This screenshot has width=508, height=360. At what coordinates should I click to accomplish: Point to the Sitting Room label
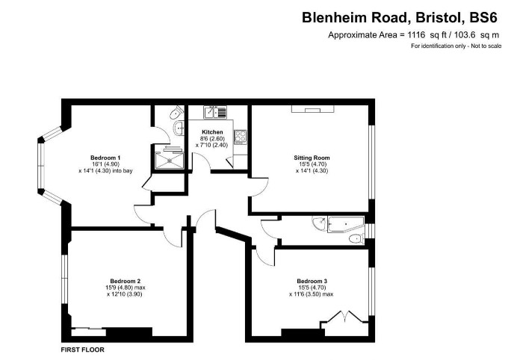[x=312, y=158]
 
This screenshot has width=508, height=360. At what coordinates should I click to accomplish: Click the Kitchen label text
[x=212, y=132]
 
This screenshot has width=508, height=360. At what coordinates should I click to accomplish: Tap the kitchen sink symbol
[x=215, y=112]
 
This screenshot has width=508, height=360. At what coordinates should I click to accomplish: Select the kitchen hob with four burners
[x=241, y=137]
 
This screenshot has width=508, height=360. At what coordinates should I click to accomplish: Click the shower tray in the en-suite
[x=170, y=161]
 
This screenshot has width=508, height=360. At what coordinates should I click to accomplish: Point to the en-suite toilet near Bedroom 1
[x=177, y=112]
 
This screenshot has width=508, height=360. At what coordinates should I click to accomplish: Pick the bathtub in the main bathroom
[x=346, y=224]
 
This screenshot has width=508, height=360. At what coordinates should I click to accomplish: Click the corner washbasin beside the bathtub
[x=320, y=223]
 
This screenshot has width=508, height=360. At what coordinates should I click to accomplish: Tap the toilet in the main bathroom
[x=357, y=239]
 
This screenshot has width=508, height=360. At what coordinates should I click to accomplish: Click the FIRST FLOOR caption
[x=83, y=350]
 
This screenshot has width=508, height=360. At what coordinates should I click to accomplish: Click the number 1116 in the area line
[x=416, y=34]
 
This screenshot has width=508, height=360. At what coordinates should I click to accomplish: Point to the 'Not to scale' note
[x=486, y=46]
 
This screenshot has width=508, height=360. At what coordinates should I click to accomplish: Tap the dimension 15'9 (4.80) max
[x=125, y=288]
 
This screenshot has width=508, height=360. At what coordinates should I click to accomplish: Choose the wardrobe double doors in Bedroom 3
[x=344, y=317]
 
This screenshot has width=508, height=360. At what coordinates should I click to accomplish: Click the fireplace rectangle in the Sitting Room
[x=312, y=109]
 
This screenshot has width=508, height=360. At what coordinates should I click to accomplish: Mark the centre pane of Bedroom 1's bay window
[x=41, y=166]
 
